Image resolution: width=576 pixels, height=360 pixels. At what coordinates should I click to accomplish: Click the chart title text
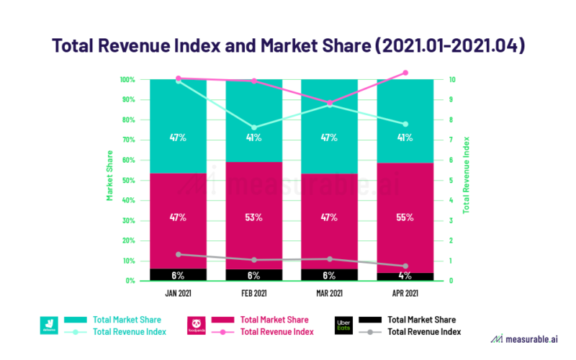coord(288,45)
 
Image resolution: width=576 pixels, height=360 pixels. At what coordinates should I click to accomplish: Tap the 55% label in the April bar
coord(405,217)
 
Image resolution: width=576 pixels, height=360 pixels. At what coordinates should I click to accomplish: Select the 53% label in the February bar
coord(253,217)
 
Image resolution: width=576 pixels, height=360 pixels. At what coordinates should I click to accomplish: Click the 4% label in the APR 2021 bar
coord(405,275)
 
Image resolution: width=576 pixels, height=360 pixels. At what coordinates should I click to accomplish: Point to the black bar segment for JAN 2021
coord(178,274)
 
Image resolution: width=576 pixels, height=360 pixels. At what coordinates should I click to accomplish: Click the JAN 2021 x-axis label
coord(178,294)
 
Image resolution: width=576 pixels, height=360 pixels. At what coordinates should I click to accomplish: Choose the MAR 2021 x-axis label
coord(329,294)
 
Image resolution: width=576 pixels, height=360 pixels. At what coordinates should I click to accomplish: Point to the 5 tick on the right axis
coord(450,180)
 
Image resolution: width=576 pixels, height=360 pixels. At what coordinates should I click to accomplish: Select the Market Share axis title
coord(110,175)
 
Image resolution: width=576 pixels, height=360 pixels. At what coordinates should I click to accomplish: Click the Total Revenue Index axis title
coord(467,175)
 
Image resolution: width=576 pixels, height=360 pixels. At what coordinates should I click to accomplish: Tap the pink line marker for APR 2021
coord(405,73)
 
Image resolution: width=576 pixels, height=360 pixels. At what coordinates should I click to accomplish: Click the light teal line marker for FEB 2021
coord(253,127)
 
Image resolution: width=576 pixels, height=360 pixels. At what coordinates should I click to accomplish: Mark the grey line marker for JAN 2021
coord(178,254)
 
